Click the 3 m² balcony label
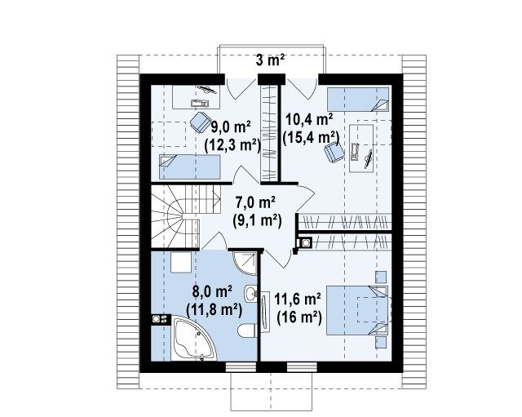[270, 60]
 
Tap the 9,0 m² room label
[231, 127]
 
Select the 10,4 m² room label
[309, 120]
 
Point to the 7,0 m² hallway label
[255, 202]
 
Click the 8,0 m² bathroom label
[212, 292]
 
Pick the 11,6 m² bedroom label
[297, 299]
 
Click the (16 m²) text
[299, 317]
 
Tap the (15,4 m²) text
[311, 138]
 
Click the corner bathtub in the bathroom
[193, 339]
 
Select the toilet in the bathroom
[247, 330]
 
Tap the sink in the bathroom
[250, 294]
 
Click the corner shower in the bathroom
[245, 263]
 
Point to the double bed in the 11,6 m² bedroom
[357, 310]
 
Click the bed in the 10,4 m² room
[358, 99]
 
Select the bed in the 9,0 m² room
[190, 166]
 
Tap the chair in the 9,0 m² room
[200, 122]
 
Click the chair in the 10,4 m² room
[334, 152]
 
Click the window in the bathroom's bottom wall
[241, 367]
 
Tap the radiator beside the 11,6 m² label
[265, 312]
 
